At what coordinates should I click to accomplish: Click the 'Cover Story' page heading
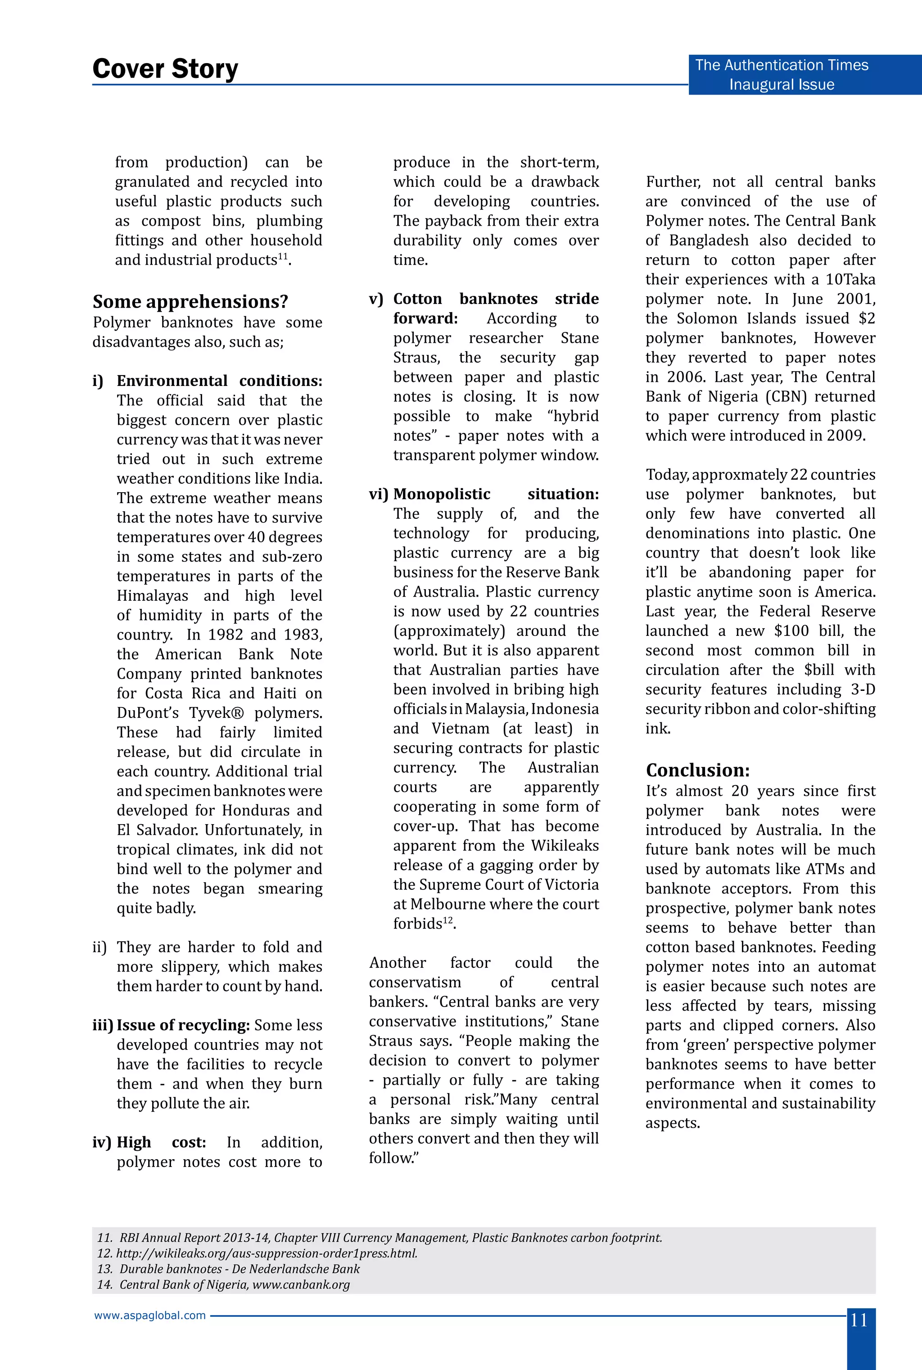tap(165, 69)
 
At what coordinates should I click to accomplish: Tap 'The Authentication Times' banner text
tap(781, 65)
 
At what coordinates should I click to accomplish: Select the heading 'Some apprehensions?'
tap(190, 302)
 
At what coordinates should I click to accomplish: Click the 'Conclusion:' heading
tap(697, 770)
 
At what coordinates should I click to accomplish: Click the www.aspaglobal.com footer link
tap(150, 1316)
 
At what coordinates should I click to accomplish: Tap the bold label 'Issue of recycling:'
tap(184, 1025)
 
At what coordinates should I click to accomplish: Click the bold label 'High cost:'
tap(161, 1143)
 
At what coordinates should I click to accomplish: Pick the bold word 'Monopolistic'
tap(442, 494)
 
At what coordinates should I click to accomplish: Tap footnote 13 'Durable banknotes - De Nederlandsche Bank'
tap(228, 1269)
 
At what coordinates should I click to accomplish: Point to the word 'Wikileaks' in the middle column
tap(565, 846)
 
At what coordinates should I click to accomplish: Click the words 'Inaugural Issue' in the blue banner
tap(782, 85)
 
